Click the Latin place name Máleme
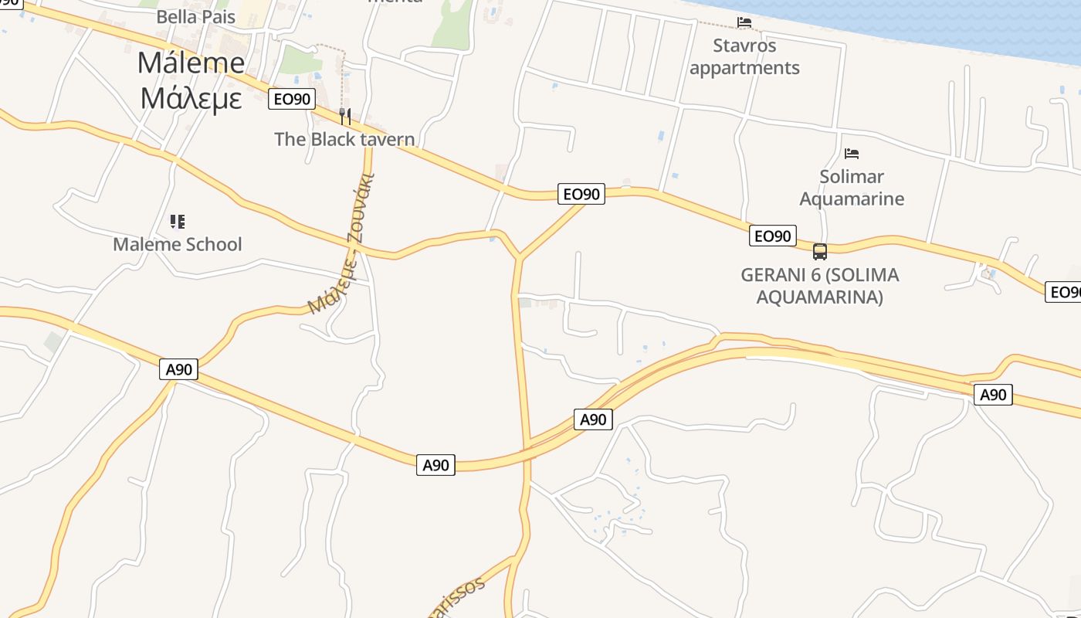tap(191, 63)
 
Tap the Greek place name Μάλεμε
tap(191, 98)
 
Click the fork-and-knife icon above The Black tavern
tap(345, 117)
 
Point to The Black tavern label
tap(344, 139)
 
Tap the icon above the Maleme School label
tap(178, 222)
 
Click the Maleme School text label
tap(178, 244)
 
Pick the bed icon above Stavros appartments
tap(744, 22)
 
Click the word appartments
tap(744, 68)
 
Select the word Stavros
tap(744, 46)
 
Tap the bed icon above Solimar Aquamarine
tap(852, 154)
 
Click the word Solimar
tap(852, 176)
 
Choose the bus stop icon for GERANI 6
tap(820, 251)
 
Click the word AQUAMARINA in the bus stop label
tap(819, 297)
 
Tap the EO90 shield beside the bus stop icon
tap(772, 236)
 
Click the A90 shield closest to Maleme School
tap(179, 369)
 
